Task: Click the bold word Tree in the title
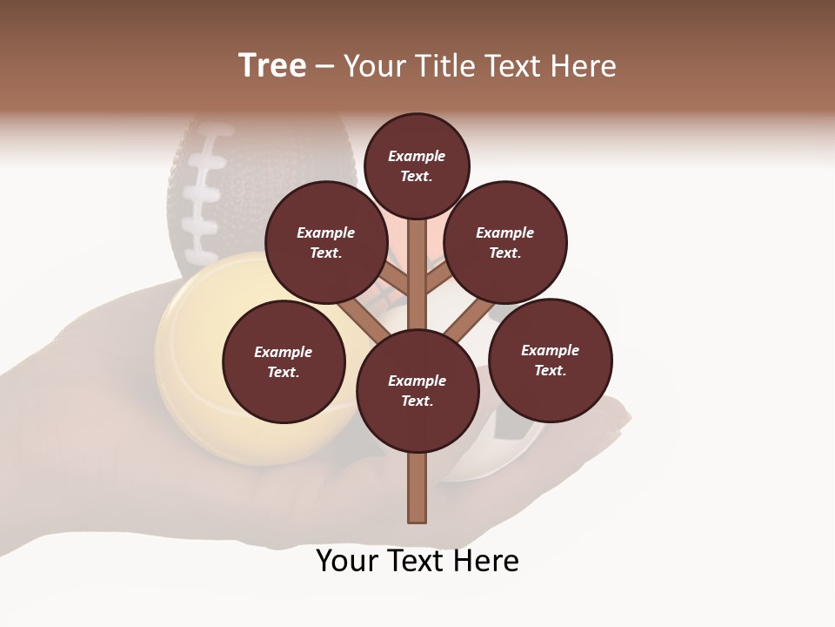coord(272,66)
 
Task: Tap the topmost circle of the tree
coord(417,165)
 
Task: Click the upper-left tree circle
coord(326,242)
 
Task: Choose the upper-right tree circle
coord(505,242)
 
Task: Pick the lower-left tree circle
coord(284,361)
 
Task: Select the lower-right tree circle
coord(551,360)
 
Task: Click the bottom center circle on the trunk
coord(417,391)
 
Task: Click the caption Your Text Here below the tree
coord(417,561)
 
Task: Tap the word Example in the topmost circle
coord(417,156)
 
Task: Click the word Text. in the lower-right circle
coord(551,370)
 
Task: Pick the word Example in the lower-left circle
coord(284,352)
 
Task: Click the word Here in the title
coord(584,66)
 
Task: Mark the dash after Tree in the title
coord(325,66)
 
